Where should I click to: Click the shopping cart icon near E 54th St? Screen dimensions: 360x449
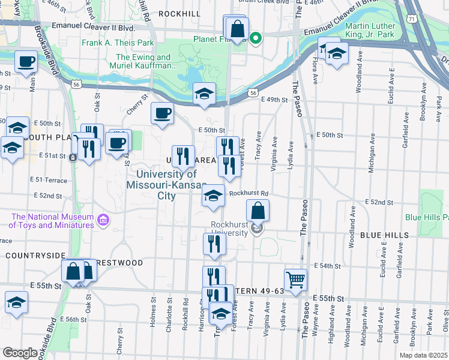point(295,280)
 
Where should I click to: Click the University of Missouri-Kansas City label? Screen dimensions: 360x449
point(162,185)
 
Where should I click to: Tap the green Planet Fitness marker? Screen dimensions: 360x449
point(256,40)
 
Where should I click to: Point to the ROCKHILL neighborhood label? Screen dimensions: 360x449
point(179,13)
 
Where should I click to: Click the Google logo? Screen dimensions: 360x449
point(20,353)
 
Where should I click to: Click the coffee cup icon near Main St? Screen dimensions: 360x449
point(26,61)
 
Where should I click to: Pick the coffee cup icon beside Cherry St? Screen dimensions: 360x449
point(162,112)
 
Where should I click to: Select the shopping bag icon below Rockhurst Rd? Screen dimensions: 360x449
point(258,210)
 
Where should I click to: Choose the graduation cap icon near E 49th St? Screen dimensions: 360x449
point(204,94)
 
